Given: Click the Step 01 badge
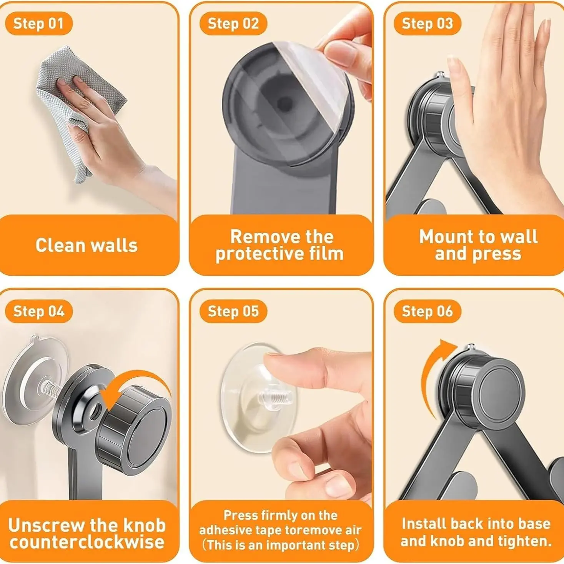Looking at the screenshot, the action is pos(38,23).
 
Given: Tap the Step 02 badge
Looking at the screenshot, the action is pos(233,23).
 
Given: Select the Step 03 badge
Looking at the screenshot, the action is pos(427,23).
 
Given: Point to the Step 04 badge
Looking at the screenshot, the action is pos(38,311).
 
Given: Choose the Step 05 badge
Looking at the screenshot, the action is pos(233,311).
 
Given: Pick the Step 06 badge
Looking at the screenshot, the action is pos(427,311).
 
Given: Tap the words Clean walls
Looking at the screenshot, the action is pos(87,245).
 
